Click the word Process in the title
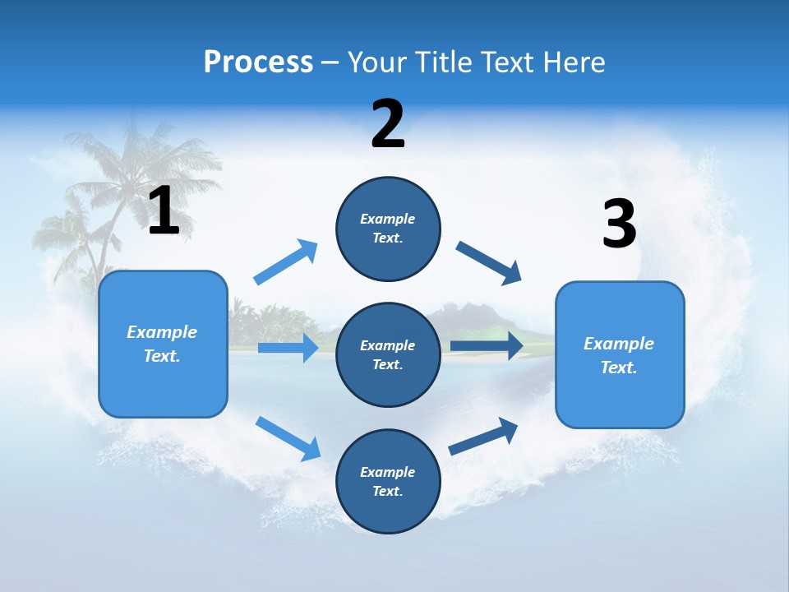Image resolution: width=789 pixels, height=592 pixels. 258,62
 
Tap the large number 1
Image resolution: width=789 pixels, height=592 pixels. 164,210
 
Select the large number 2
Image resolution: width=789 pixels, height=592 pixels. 388,124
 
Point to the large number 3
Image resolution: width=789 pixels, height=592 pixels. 619,224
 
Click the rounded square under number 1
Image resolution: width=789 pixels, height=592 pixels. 163,344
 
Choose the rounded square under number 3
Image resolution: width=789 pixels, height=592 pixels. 620,354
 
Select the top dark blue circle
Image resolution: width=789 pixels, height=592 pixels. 388,229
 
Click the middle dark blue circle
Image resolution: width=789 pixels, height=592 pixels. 388,354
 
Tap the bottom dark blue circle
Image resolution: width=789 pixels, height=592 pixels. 388,481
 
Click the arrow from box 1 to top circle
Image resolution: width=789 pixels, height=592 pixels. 286,262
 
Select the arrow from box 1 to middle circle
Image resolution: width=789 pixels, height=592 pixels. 288,348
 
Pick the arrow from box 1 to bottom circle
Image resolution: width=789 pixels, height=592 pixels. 288,437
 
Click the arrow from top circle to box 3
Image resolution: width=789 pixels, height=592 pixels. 489,263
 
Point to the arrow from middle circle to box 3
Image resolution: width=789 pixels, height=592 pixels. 487,345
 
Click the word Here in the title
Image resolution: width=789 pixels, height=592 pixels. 575,62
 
